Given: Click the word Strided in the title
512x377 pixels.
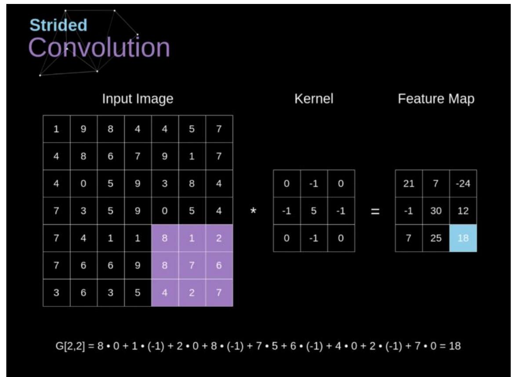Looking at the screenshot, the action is click(58, 25).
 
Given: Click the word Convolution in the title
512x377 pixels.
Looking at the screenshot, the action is click(99, 47).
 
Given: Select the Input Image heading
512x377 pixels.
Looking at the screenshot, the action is click(138, 99).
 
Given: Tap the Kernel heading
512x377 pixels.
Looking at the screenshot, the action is click(314, 99).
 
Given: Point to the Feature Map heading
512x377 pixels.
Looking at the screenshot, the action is click(436, 99).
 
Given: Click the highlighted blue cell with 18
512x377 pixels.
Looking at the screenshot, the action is click(463, 238).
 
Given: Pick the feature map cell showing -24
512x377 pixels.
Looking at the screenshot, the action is click(463, 184).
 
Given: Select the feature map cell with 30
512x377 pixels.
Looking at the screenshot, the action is click(436, 211).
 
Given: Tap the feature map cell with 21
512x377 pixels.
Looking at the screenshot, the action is click(409, 184).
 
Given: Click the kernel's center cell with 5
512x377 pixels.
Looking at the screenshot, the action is click(314, 211).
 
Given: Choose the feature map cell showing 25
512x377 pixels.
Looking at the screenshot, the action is click(436, 238).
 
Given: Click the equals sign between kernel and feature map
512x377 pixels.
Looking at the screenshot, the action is click(375, 211).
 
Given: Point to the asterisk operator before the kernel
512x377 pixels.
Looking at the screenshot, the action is click(253, 211).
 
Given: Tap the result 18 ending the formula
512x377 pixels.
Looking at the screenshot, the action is click(455, 346).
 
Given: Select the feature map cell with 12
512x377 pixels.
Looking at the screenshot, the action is click(463, 211).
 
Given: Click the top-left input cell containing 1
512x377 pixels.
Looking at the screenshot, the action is click(57, 129).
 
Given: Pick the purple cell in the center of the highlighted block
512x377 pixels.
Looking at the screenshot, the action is click(192, 266).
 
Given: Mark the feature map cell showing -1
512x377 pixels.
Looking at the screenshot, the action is click(409, 211).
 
